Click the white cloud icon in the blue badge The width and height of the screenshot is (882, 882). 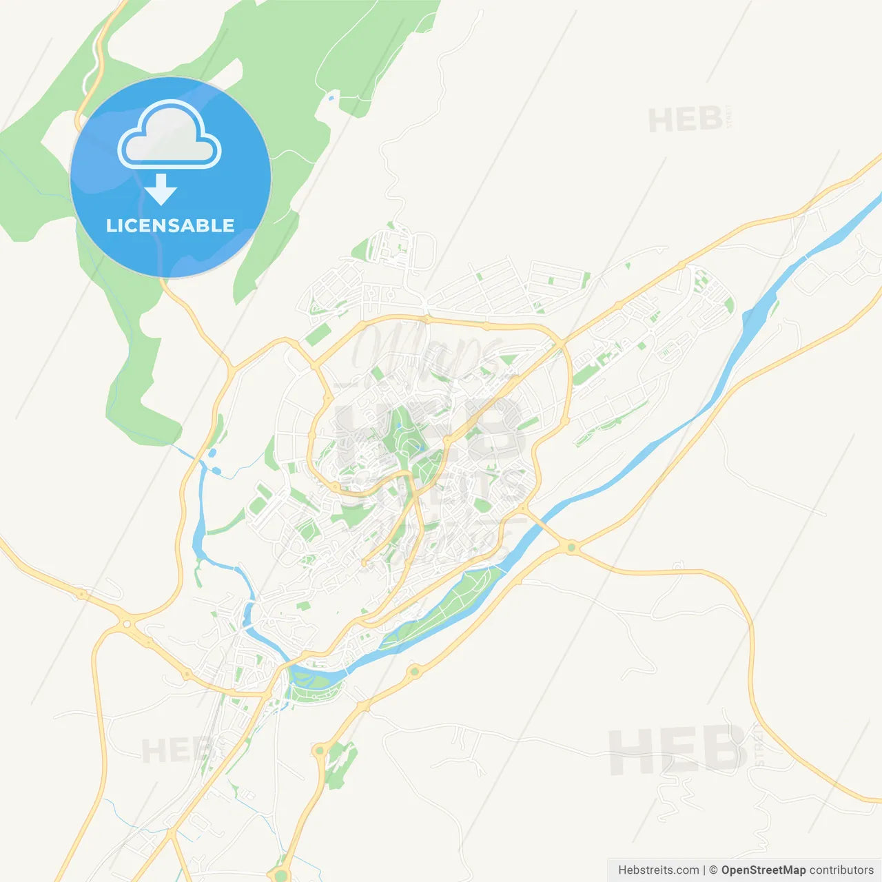[170, 136]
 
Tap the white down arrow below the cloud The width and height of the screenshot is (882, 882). [161, 189]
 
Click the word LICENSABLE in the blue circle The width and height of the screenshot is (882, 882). [170, 225]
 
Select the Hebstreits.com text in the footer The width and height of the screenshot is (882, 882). [658, 870]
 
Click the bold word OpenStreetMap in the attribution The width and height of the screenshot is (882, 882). [763, 870]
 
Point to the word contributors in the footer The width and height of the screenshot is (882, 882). [841, 870]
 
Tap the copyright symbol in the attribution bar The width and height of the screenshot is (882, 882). [714, 870]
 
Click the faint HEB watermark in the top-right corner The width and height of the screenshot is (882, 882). [686, 121]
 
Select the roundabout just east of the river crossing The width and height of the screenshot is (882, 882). [571, 548]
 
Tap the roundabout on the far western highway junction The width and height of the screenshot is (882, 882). [127, 624]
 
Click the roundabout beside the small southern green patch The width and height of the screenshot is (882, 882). [319, 750]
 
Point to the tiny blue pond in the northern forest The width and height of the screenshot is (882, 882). [331, 99]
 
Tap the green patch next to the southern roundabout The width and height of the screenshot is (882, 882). [342, 765]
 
